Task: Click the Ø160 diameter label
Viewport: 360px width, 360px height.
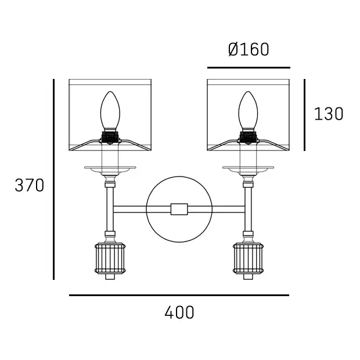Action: pyautogui.click(x=249, y=49)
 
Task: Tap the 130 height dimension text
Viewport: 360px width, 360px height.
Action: pyautogui.click(x=329, y=114)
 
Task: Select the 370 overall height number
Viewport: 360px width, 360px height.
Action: pyautogui.click(x=30, y=185)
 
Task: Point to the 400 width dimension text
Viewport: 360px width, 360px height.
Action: pyautogui.click(x=179, y=312)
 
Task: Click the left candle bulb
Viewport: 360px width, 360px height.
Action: pyautogui.click(x=110, y=110)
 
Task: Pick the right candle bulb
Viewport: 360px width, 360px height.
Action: pyautogui.click(x=248, y=110)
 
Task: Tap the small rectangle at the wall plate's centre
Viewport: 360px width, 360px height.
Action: pyautogui.click(x=179, y=209)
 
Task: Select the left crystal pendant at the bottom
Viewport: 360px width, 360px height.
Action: pyautogui.click(x=110, y=258)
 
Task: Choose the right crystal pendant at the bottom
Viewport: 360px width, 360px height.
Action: pyautogui.click(x=248, y=258)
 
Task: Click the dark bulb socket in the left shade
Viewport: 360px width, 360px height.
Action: pyautogui.click(x=110, y=137)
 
